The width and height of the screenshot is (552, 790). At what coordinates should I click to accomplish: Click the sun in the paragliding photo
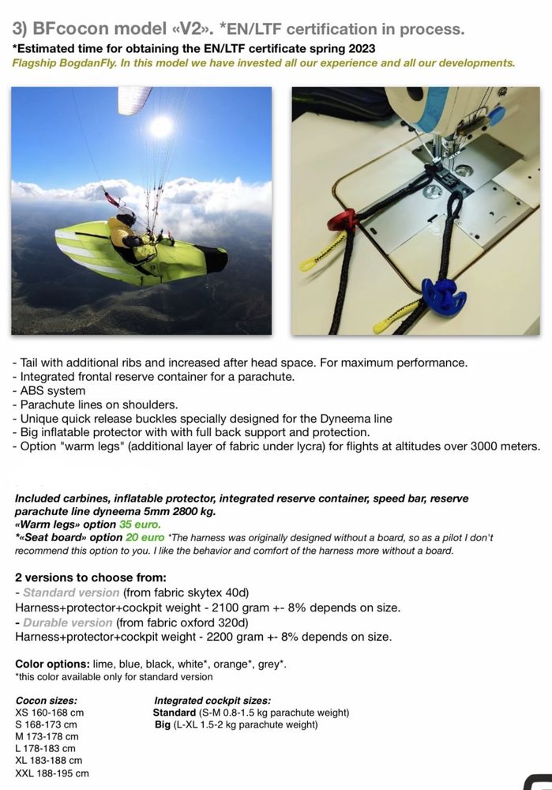[160, 126]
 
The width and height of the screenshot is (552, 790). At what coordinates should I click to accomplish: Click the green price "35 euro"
[140, 524]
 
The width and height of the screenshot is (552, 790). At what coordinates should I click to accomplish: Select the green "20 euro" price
[141, 537]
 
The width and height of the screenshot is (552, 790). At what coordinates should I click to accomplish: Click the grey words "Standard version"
[71, 592]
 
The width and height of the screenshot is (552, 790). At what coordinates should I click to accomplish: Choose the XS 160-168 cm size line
[49, 712]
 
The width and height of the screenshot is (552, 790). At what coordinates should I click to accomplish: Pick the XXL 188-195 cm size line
[52, 773]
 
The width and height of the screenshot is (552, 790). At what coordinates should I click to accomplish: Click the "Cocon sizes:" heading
[46, 700]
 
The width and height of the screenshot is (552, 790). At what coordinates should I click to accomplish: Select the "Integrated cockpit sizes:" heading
[212, 700]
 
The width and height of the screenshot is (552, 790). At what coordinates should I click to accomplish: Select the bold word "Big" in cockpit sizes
[163, 724]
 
